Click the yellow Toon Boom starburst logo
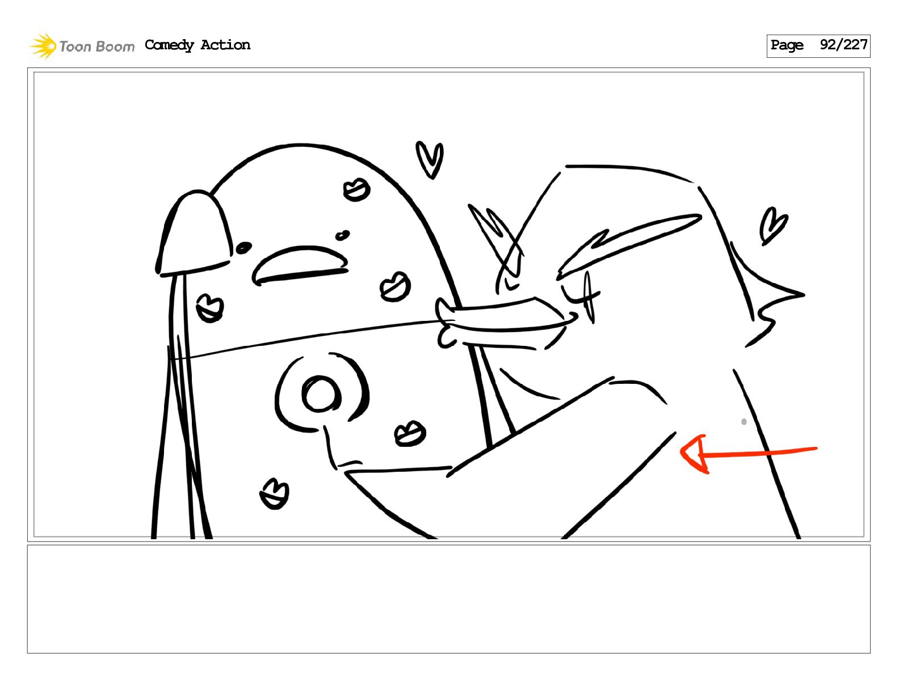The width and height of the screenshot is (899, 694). pyautogui.click(x=43, y=46)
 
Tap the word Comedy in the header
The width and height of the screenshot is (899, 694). pyautogui.click(x=169, y=45)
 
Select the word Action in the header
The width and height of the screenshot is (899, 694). pyautogui.click(x=225, y=45)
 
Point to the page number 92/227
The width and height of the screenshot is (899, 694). pyautogui.click(x=843, y=45)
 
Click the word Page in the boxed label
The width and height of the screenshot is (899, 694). pyautogui.click(x=787, y=45)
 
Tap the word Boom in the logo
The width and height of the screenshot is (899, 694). pyautogui.click(x=115, y=46)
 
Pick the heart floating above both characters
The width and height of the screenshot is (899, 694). pyautogui.click(x=430, y=159)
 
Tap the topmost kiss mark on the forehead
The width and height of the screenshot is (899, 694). pyautogui.click(x=356, y=189)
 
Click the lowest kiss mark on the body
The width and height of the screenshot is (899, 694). pyautogui.click(x=274, y=494)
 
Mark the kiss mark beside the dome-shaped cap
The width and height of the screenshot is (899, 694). pyautogui.click(x=210, y=308)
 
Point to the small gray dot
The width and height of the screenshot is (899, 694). pyautogui.click(x=743, y=422)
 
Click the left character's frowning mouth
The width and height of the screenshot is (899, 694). pyautogui.click(x=300, y=265)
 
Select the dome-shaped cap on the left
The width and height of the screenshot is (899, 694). pyautogui.click(x=194, y=234)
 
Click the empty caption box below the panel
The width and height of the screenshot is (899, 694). pyautogui.click(x=448, y=599)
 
